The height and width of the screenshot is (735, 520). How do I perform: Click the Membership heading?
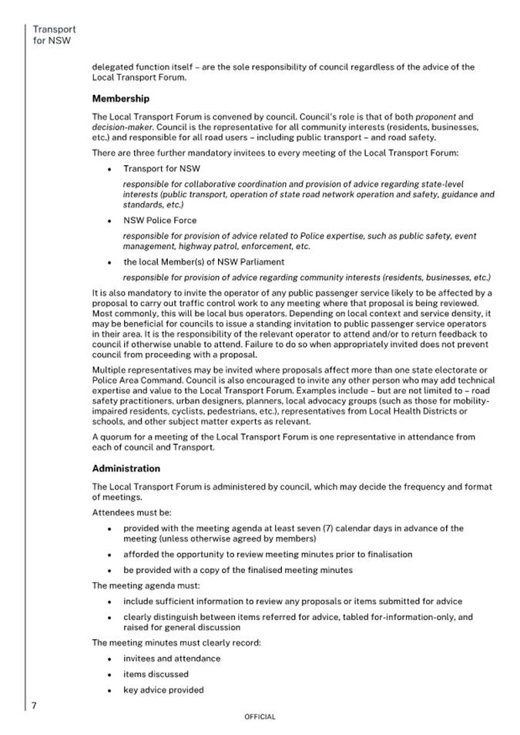(x=120, y=99)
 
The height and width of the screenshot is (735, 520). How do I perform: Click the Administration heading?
(x=126, y=468)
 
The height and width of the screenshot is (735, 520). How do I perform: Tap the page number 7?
(x=34, y=705)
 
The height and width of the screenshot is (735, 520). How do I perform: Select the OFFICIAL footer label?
(x=260, y=716)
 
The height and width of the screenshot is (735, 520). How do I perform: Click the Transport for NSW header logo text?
(x=54, y=35)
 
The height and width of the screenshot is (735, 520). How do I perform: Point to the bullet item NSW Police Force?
(x=159, y=220)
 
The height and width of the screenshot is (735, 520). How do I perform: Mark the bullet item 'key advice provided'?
(x=163, y=689)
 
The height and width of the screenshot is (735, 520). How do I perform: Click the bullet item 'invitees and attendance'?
(x=171, y=659)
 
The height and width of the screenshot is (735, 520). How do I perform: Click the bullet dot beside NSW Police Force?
(x=110, y=221)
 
